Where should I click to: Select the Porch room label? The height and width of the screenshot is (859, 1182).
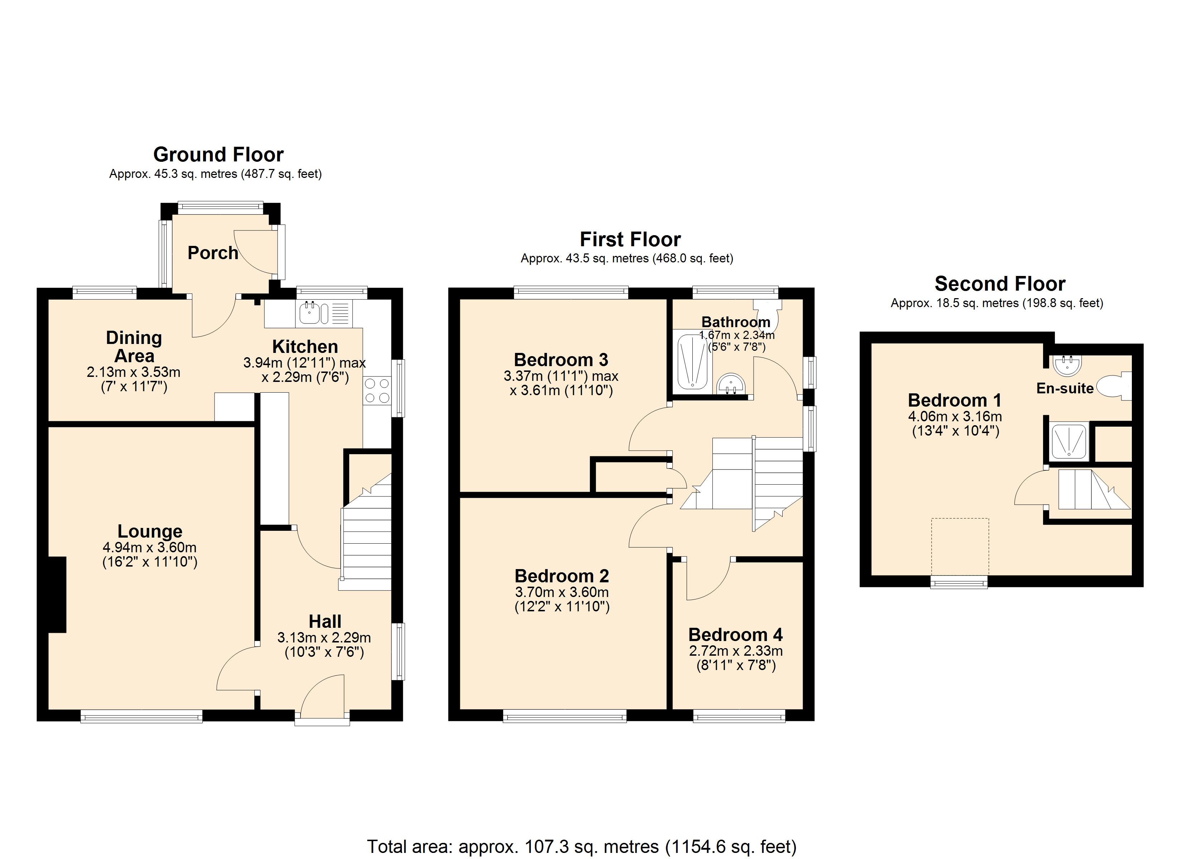click(x=213, y=253)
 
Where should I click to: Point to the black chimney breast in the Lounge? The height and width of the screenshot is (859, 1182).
click(x=57, y=594)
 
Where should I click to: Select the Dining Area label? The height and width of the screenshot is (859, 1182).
click(x=134, y=346)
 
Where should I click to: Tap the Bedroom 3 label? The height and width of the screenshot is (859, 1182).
click(x=561, y=359)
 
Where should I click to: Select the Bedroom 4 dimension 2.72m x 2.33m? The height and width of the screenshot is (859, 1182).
click(x=735, y=651)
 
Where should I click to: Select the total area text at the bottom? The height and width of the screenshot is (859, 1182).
click(x=582, y=846)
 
